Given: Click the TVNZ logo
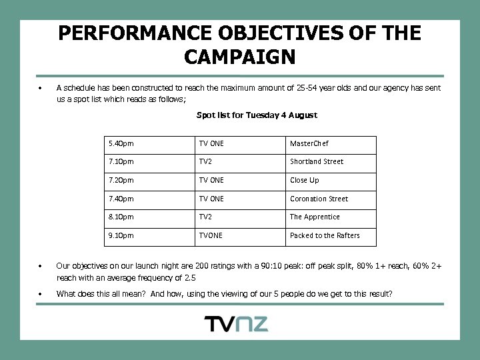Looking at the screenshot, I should click(x=236, y=325).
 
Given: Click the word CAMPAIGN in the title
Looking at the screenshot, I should click(x=240, y=57).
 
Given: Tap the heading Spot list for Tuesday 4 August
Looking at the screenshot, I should click(x=257, y=115).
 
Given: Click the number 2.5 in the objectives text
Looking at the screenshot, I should click(x=189, y=277).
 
